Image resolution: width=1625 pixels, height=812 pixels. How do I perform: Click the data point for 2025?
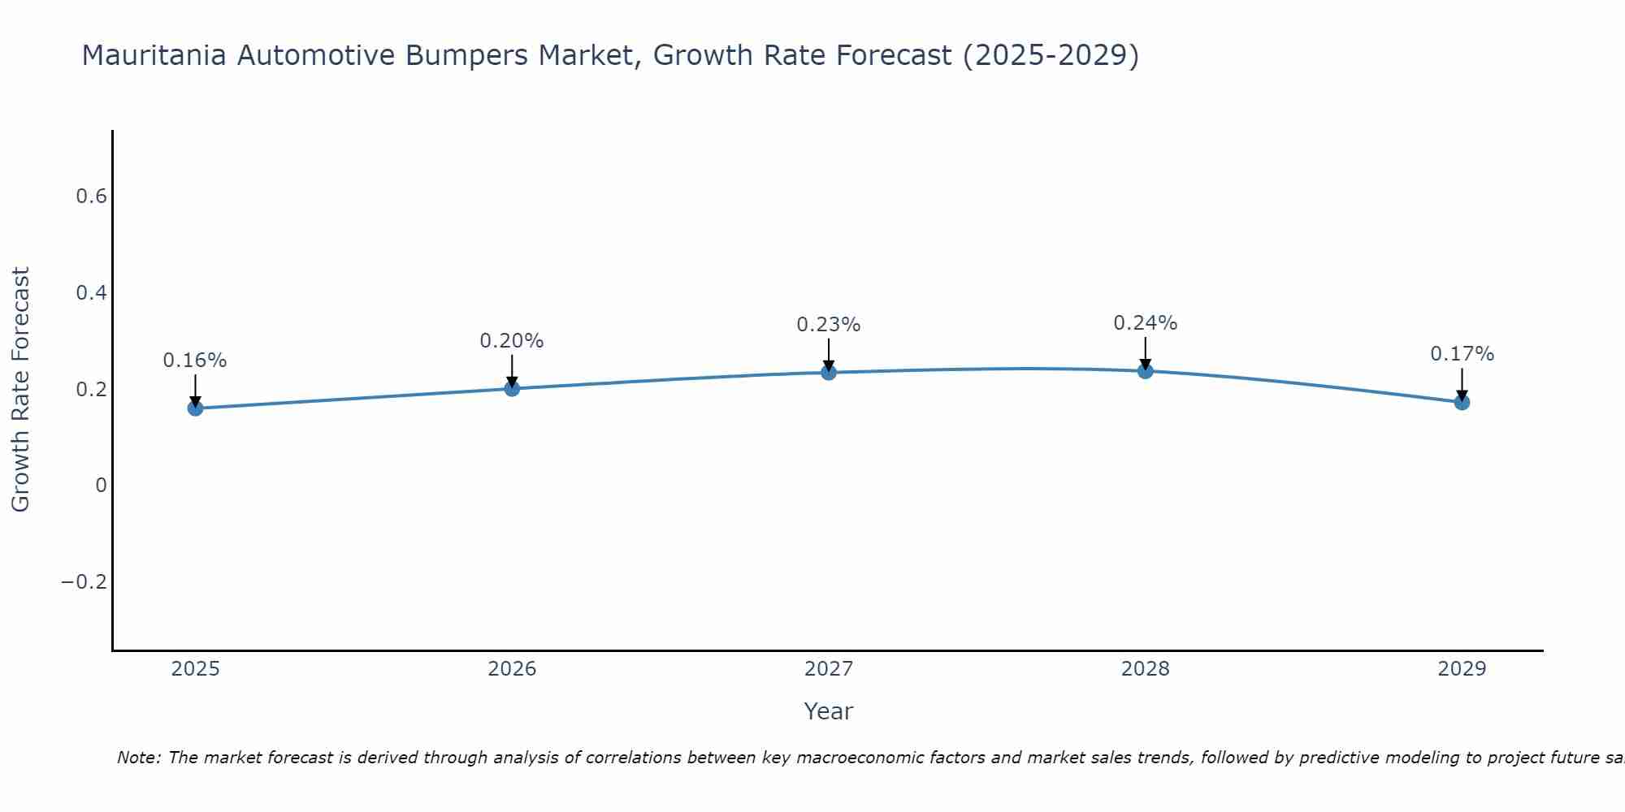coord(195,408)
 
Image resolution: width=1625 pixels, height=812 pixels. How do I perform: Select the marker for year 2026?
coord(512,388)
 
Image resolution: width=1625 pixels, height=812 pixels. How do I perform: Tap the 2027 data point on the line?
coord(829,373)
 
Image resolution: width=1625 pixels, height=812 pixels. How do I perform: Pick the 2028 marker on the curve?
coord(1146,371)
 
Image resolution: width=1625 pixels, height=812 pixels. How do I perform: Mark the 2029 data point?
coord(1462,402)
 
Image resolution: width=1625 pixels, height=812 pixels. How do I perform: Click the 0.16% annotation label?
coord(195,361)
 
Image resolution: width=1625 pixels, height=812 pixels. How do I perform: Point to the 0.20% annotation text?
coord(512,341)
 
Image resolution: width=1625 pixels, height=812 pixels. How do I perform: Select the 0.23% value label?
coord(829,325)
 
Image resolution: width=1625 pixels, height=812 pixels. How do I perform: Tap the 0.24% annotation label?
coord(1146,323)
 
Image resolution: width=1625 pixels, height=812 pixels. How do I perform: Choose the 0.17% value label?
coord(1462,354)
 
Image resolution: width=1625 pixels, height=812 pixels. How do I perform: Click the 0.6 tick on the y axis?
coord(91,197)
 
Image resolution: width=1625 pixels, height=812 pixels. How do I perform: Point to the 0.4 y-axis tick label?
coord(91,292)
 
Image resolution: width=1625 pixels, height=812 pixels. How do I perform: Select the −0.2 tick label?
coord(84,582)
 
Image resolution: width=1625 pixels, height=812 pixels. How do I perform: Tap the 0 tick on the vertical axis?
coord(101,486)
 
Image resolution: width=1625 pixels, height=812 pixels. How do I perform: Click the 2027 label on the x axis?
coord(829,669)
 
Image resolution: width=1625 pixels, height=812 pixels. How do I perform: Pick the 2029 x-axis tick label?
coord(1462,669)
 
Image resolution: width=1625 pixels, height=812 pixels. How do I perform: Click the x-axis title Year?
coord(829,711)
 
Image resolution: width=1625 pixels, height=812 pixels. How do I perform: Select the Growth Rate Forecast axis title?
coord(21,390)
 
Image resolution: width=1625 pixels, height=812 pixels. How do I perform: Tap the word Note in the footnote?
coord(138,758)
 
